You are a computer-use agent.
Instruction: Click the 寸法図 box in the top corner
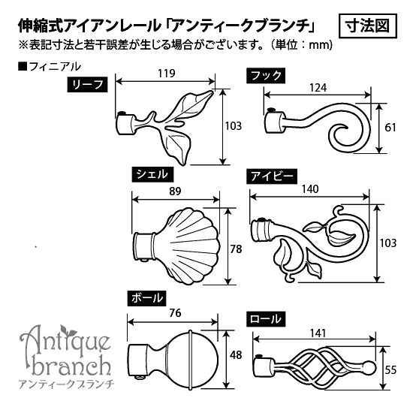point(367,26)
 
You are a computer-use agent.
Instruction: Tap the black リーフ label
point(87,85)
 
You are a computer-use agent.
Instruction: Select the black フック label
point(266,76)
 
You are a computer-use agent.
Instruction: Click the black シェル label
point(152,174)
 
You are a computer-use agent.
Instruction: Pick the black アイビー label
point(272,176)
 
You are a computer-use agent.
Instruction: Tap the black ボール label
point(146,298)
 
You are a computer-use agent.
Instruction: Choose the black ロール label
point(266,319)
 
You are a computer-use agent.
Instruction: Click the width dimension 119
point(167,74)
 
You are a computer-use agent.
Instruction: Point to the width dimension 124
point(318,88)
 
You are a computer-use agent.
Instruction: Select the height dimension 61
point(390,128)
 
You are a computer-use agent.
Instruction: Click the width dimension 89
point(175,191)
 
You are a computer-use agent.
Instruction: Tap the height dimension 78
point(236,249)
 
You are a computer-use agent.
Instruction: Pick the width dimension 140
point(310,189)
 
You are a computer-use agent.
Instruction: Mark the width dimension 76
point(176,313)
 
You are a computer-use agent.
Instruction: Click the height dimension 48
point(236,355)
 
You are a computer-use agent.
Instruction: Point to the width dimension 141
point(318,333)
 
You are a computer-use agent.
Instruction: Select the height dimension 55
point(390,370)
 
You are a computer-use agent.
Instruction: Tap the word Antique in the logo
point(65,339)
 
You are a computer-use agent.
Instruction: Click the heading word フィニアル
point(55,67)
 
